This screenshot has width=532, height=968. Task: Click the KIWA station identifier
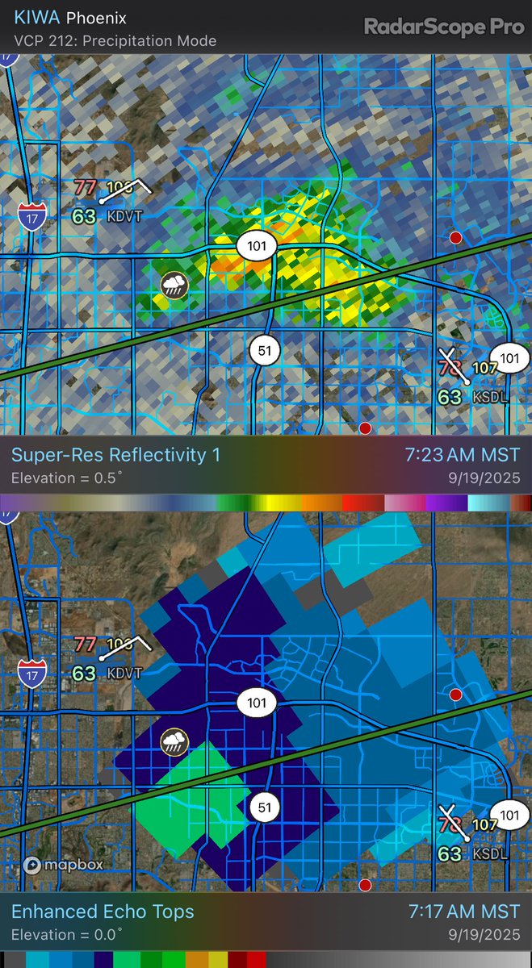point(32,18)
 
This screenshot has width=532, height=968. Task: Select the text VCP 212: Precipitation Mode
point(115,40)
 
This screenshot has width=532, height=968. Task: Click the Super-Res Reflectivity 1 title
point(115,455)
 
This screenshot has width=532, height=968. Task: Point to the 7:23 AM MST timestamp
point(463,455)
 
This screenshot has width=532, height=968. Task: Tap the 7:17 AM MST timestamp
point(463,912)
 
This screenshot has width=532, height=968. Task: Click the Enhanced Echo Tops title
point(103,912)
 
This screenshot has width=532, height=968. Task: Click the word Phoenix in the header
point(96,18)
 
